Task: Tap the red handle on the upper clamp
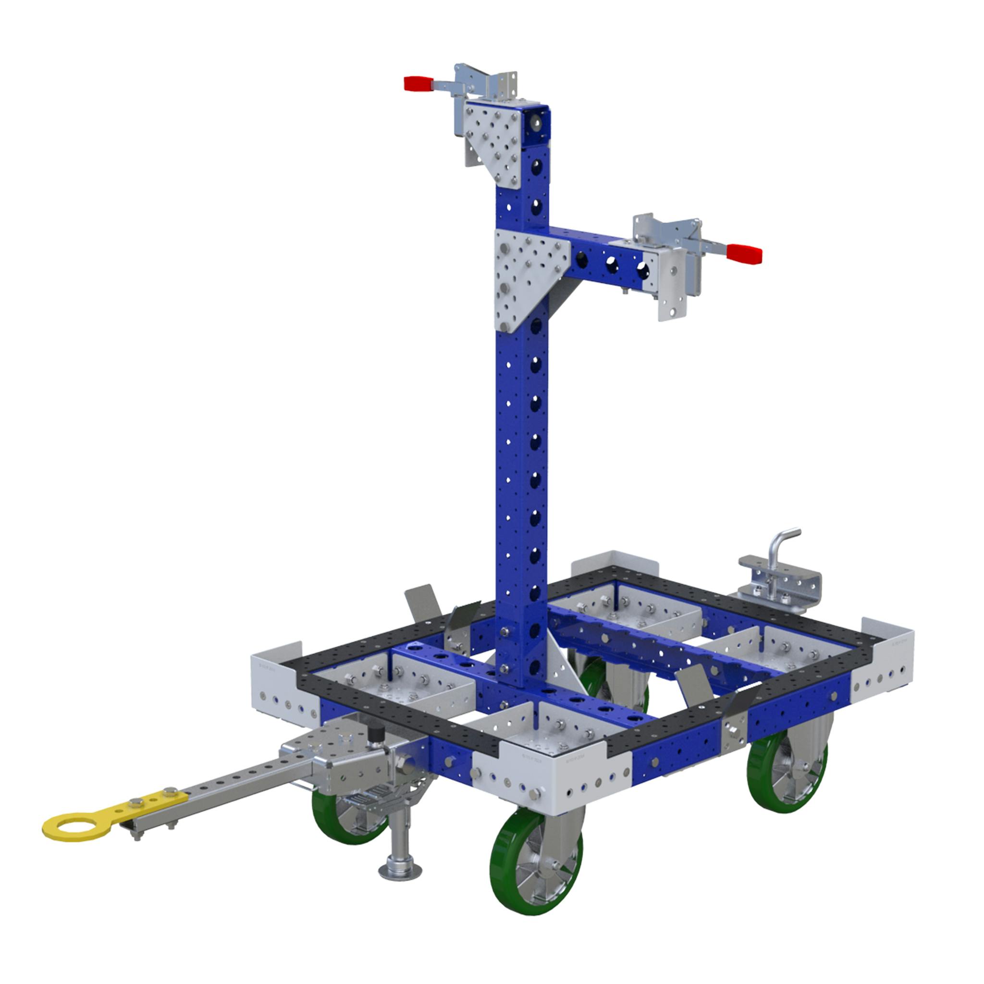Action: (x=418, y=84)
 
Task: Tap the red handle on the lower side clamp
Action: (x=744, y=254)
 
